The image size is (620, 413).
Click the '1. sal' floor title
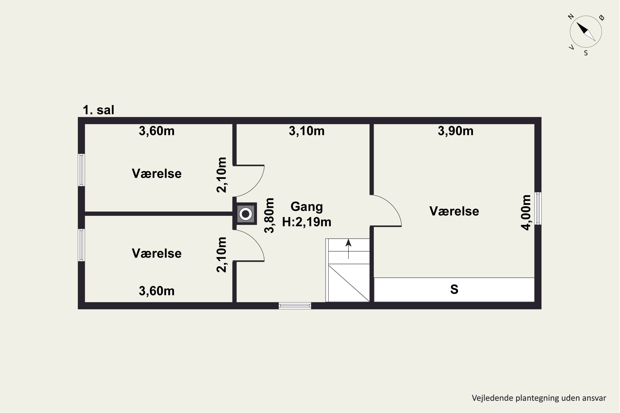(98, 110)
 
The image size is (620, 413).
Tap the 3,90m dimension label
(455, 131)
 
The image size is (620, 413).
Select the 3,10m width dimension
(306, 131)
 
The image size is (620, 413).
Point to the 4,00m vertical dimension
(526, 212)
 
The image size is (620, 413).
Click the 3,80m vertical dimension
(269, 215)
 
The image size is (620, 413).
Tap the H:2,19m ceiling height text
(306, 222)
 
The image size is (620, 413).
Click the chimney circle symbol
(246, 214)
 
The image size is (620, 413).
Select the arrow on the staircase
(348, 249)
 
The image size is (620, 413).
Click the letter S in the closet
(454, 289)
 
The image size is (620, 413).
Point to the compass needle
(586, 32)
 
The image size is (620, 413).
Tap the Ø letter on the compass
(602, 18)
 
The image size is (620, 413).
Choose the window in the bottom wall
(295, 306)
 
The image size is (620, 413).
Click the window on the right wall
(538, 208)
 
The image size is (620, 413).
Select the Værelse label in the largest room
(454, 211)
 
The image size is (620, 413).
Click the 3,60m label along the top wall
(157, 131)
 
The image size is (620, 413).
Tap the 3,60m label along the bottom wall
(157, 291)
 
